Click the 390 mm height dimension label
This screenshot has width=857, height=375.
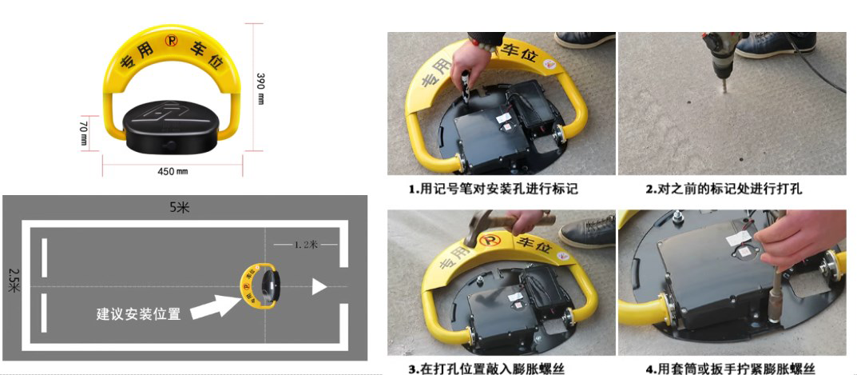pos(260,88)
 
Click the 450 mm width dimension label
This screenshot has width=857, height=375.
pos(173,171)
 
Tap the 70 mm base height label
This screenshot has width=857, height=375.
pos(83,133)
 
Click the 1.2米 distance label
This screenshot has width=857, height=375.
pos(306,244)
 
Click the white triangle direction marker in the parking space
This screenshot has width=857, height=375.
pos(319,286)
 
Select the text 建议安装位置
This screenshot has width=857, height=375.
pos(138,314)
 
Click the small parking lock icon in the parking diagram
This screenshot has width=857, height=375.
pos(260,285)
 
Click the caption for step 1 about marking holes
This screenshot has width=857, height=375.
pos(493,189)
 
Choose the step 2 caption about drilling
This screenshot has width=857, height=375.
pos(723,189)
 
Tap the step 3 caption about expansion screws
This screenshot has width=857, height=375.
pos(490,368)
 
